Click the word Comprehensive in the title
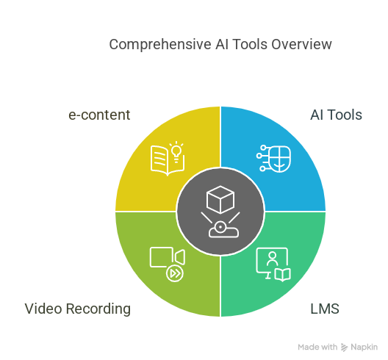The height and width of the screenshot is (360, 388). tap(160, 45)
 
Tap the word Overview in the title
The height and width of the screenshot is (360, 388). tap(301, 45)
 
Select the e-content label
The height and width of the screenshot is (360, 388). tap(99, 115)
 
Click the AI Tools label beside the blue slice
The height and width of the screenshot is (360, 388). tap(336, 115)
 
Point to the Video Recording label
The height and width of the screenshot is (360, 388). tap(78, 309)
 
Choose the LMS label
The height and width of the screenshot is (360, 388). tap(325, 309)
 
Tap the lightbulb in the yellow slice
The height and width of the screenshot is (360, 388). tap(176, 151)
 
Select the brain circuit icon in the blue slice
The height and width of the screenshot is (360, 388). tap(273, 159)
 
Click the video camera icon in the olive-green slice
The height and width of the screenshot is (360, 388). tap(168, 257)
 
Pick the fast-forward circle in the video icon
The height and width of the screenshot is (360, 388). tap(175, 273)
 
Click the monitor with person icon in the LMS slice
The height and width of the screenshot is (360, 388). tap(272, 263)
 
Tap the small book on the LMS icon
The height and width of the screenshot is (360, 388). tap(283, 275)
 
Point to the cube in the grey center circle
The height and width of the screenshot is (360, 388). tap(220, 199)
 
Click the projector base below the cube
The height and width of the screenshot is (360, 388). tap(223, 230)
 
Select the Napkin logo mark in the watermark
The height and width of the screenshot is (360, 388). tap(344, 348)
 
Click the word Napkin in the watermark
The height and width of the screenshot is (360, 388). tap(364, 348)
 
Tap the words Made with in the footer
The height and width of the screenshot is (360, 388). tap(317, 347)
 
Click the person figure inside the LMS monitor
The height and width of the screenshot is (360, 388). tap(272, 259)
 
